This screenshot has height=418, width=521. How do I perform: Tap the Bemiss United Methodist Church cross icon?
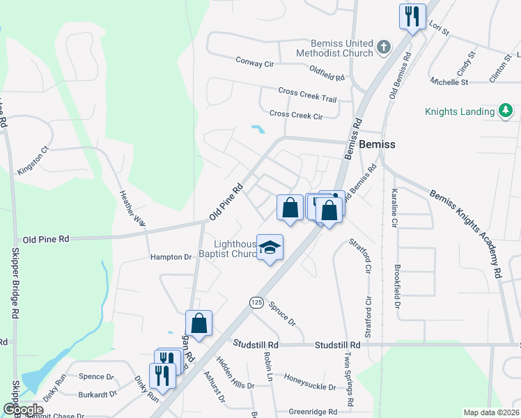(382, 48)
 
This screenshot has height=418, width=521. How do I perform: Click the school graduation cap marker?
(270, 247)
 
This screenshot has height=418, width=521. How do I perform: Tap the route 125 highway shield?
(256, 302)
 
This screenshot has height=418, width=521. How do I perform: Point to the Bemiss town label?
(378, 145)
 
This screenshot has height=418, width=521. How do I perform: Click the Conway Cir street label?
(255, 61)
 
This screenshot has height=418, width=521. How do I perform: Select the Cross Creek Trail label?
(307, 95)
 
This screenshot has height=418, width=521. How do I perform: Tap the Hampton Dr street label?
(171, 257)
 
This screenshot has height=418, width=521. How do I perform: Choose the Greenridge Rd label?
(313, 410)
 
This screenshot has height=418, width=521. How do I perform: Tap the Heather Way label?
(132, 208)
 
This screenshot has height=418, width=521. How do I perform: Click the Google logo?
(23, 410)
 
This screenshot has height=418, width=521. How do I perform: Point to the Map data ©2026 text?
(490, 412)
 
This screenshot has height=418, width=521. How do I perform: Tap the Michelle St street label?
(449, 82)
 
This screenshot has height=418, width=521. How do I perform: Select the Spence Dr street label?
(96, 377)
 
